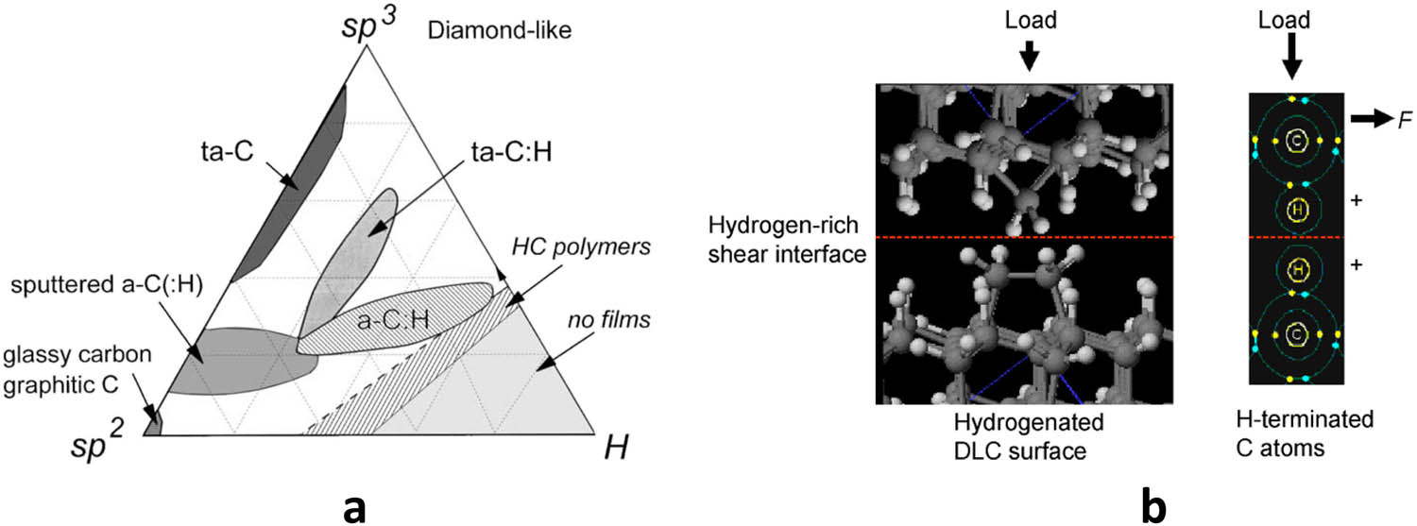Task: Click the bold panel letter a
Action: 354,505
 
